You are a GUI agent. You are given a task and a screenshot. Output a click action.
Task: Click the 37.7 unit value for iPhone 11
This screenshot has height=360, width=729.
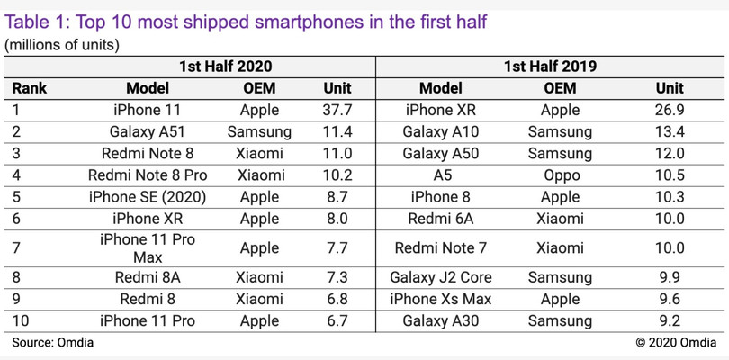pos(337,111)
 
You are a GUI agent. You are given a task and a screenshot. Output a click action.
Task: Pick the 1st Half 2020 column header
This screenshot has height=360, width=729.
pos(225,67)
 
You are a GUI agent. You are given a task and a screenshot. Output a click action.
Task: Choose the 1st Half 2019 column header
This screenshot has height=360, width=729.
pos(552,67)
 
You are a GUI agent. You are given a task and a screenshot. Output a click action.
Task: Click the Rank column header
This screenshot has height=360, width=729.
pos(30,88)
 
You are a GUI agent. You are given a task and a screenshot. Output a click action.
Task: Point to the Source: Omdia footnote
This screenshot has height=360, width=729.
pos(52,342)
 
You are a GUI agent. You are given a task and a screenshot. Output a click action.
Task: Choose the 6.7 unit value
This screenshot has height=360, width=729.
pos(337,320)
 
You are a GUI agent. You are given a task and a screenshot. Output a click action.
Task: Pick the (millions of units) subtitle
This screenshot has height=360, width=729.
pos(62,44)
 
